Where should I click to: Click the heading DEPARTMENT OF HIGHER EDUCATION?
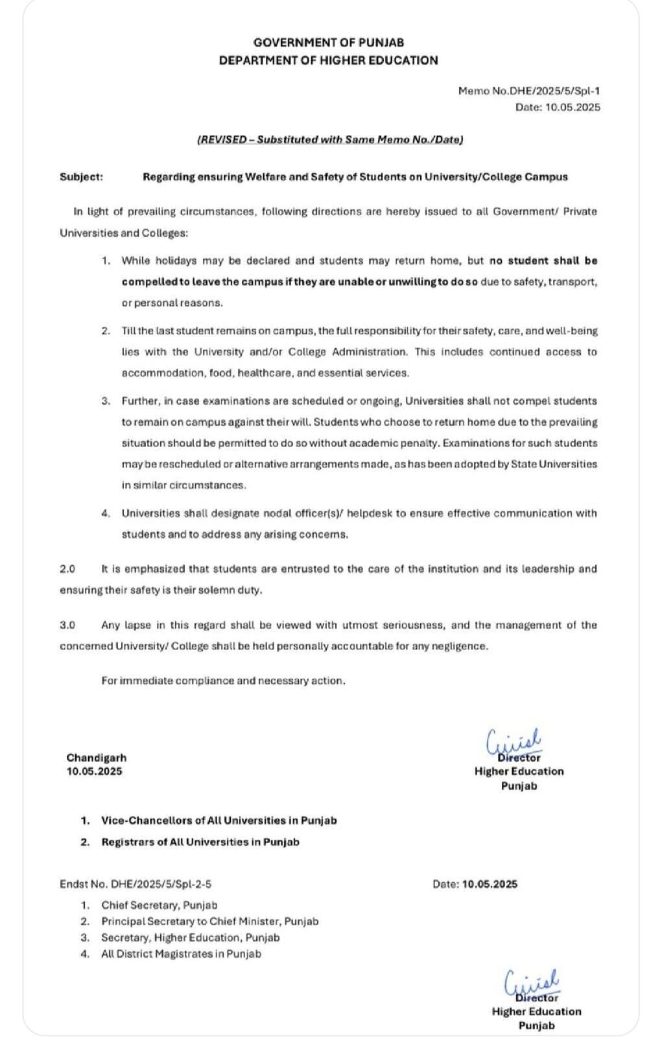click(328, 60)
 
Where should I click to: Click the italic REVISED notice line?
click(329, 139)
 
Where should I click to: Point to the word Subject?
click(81, 176)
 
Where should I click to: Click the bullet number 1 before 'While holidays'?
click(105, 261)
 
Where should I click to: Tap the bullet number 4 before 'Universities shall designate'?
click(105, 513)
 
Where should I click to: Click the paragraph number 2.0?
click(67, 569)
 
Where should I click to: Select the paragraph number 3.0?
click(67, 625)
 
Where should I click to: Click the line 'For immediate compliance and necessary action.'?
click(223, 681)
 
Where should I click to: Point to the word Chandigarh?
click(97, 758)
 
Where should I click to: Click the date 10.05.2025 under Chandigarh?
click(94, 771)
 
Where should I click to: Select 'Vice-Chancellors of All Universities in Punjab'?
click(219, 821)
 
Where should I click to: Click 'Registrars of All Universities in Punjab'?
click(200, 842)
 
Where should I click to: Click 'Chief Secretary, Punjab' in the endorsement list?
click(159, 905)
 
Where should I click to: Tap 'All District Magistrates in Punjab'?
click(181, 954)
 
